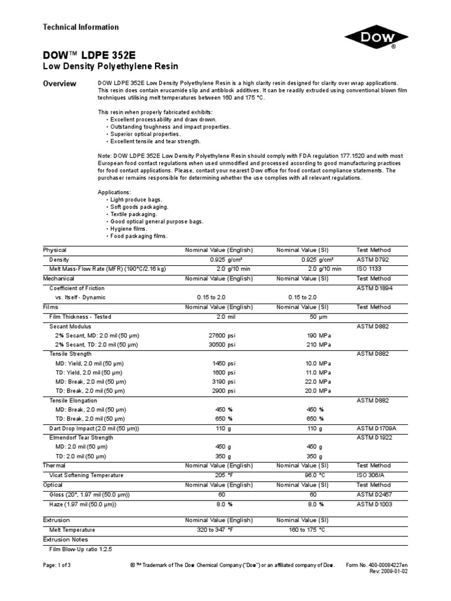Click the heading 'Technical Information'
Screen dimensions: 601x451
81,27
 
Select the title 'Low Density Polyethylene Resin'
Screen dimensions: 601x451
110,66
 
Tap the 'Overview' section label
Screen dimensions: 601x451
60,84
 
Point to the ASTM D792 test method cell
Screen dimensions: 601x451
372,259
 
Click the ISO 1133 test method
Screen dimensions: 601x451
369,269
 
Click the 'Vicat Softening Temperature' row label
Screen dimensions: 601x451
86,475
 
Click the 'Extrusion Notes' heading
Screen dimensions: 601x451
66,539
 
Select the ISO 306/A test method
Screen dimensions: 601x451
369,475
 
